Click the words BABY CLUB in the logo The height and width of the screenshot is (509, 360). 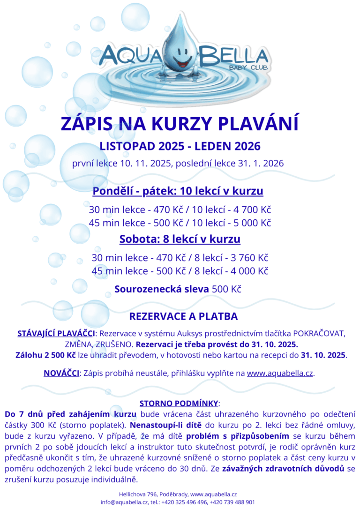[247, 68]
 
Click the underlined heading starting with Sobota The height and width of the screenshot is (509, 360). [180, 239]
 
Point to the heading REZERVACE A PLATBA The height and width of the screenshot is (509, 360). [183, 316]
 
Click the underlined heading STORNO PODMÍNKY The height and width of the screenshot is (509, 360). [179, 403]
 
